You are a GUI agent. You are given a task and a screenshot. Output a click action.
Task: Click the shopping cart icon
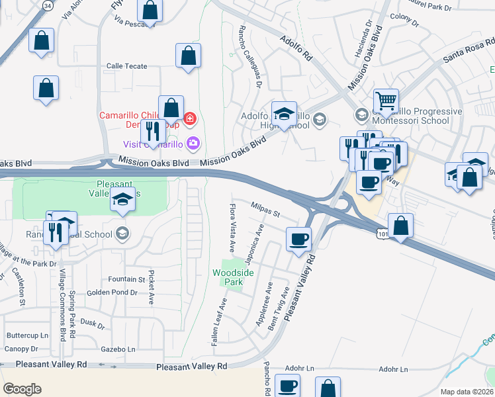(386, 101)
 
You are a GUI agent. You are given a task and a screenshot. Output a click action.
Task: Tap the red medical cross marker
(191, 119)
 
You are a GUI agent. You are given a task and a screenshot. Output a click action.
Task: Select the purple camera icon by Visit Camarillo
(193, 143)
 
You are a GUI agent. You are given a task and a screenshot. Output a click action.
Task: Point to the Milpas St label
(266, 210)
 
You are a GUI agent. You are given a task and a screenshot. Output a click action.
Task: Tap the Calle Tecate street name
(127, 66)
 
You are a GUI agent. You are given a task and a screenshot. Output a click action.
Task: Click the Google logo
(22, 388)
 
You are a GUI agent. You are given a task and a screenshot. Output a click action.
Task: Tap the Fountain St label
(126, 280)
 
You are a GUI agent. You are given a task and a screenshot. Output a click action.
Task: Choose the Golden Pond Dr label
(112, 292)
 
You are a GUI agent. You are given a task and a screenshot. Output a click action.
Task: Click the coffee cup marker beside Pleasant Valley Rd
(299, 239)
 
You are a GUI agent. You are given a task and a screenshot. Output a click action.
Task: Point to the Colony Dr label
(406, 17)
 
